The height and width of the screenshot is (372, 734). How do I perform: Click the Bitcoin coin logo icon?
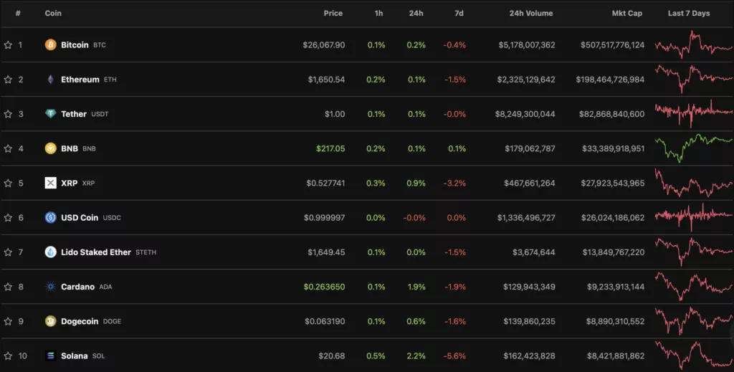click(51, 45)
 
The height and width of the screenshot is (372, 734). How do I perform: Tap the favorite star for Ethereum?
click(8, 80)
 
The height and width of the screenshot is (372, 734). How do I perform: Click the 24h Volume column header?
click(530, 14)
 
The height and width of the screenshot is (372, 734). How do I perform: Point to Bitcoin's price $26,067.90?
click(323, 45)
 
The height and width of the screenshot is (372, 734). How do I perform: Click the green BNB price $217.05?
click(330, 149)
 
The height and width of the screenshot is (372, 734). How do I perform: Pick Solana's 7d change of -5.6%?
click(454, 356)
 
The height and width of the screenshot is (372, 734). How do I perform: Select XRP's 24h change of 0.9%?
click(416, 183)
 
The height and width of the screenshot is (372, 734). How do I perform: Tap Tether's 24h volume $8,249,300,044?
click(526, 114)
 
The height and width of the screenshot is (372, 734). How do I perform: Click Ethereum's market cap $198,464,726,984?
click(610, 80)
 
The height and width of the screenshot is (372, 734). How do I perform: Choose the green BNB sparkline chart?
click(693, 148)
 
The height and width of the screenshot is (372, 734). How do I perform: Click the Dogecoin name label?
click(80, 321)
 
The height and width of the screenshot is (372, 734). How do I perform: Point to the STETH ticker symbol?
click(146, 252)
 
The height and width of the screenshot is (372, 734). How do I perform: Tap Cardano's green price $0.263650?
click(324, 287)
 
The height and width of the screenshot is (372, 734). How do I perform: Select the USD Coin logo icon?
click(51, 218)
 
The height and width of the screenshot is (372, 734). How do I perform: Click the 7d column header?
click(459, 14)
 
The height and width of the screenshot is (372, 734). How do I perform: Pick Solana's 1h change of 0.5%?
click(376, 356)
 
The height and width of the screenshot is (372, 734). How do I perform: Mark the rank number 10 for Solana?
click(21, 356)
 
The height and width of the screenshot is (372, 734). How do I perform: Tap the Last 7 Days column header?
click(689, 14)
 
